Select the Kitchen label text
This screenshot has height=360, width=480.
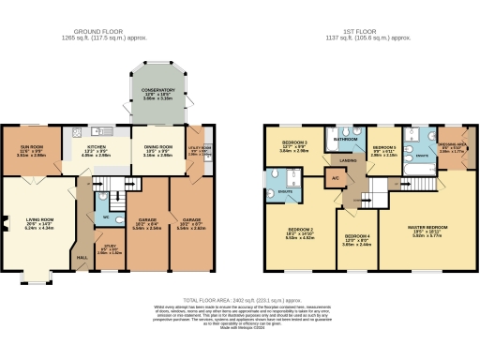tap(95, 147)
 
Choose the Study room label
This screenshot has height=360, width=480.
tap(110, 247)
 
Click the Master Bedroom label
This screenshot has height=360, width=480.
tap(426, 224)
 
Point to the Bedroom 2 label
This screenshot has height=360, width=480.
tap(299, 232)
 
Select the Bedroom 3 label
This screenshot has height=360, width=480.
tap(292, 142)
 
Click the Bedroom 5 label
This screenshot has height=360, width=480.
tap(384, 148)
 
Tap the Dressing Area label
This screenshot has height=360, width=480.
tap(451, 145)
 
